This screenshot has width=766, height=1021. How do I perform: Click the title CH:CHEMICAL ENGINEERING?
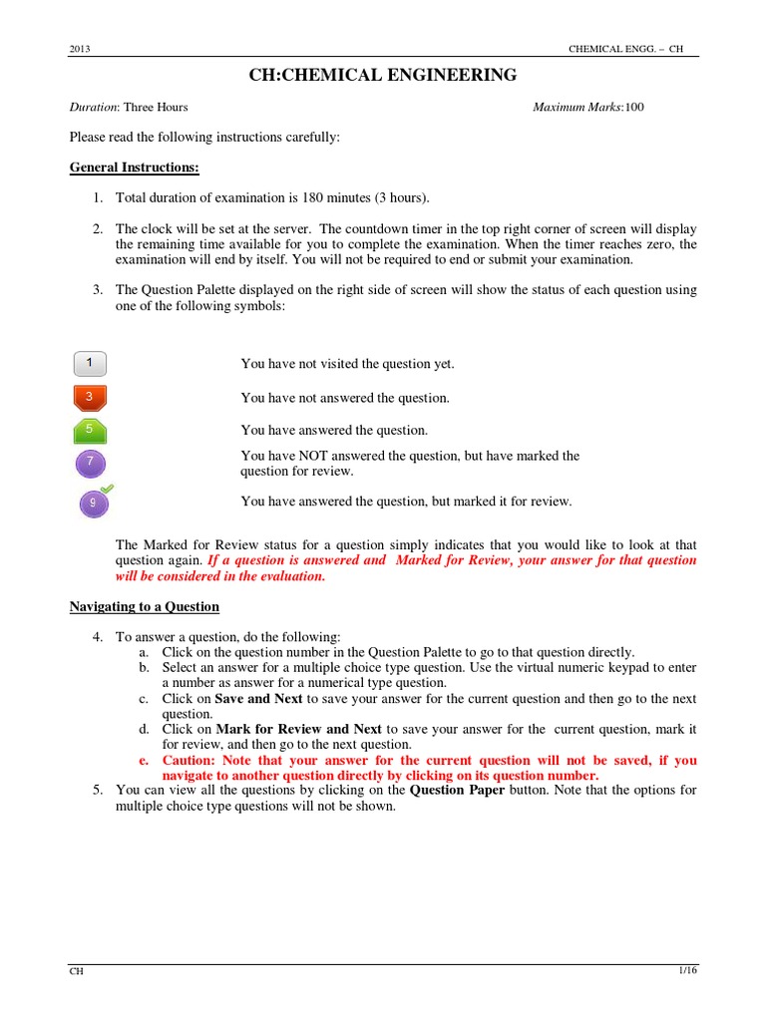tap(382, 75)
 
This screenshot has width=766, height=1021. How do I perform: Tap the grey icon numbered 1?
tap(90, 363)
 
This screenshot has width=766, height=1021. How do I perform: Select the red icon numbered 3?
tap(90, 397)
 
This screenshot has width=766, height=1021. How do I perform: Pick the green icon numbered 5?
tap(90, 430)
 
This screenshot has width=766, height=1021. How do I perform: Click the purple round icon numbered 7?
tap(91, 463)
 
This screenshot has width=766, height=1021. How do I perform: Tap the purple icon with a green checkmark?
tap(95, 502)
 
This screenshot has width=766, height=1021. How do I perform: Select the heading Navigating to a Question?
tap(144, 606)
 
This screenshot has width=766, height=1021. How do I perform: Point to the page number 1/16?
tap(686, 972)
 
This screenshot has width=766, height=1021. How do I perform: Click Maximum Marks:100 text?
tap(588, 107)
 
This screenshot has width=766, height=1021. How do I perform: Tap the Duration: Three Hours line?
tap(128, 107)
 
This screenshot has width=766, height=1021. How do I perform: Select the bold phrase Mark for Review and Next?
tap(298, 729)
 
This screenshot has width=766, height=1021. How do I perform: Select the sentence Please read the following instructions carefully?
tap(204, 137)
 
